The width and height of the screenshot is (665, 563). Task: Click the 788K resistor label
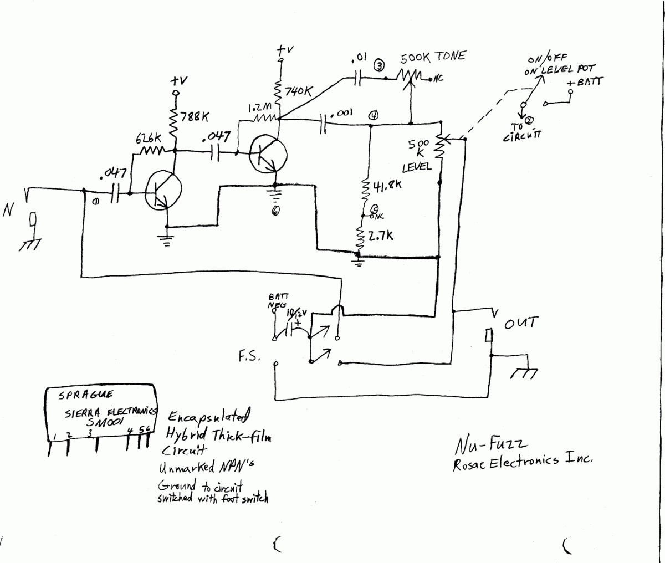point(197,117)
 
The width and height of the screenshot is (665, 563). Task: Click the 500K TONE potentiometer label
point(433,57)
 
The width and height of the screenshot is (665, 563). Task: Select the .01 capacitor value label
point(358,58)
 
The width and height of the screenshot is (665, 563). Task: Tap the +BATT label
point(586,81)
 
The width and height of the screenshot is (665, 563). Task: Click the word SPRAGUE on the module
point(85,395)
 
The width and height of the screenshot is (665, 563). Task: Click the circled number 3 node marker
point(379,66)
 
